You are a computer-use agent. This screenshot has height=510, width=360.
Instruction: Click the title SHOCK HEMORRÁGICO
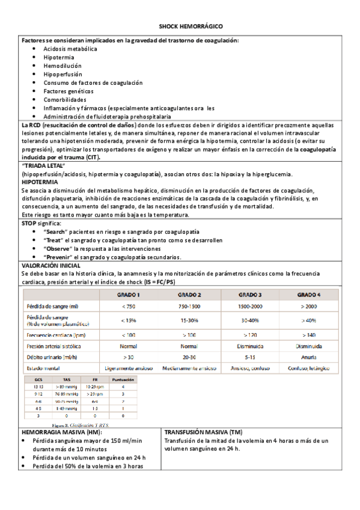(x=191, y=27)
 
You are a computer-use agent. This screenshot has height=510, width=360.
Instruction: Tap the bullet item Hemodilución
(x=63, y=66)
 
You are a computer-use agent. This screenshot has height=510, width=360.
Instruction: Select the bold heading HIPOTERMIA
(x=40, y=181)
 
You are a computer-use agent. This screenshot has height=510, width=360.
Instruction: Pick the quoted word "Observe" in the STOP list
(x=59, y=248)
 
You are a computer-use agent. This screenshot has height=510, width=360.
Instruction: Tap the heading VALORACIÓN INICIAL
(x=51, y=265)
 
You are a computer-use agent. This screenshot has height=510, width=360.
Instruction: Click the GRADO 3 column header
(x=250, y=295)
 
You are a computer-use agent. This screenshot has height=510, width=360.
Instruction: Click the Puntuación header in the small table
(x=123, y=380)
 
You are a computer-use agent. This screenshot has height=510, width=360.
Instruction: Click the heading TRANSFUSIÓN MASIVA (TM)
(x=203, y=432)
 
